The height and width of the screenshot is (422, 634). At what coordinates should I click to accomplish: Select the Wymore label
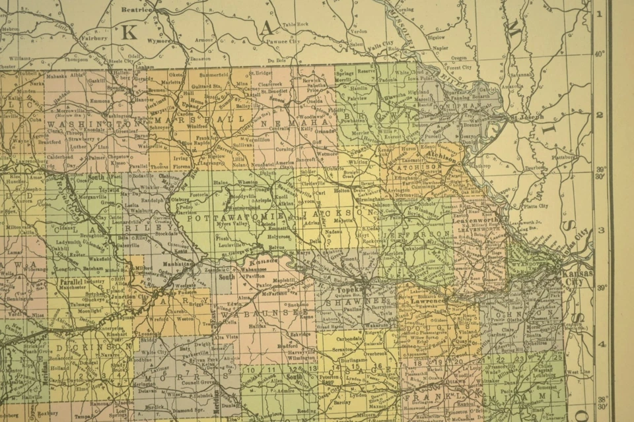[159, 40]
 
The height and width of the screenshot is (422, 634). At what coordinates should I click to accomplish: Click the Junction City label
[133, 296]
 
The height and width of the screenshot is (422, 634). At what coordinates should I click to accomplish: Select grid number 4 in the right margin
[601, 344]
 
